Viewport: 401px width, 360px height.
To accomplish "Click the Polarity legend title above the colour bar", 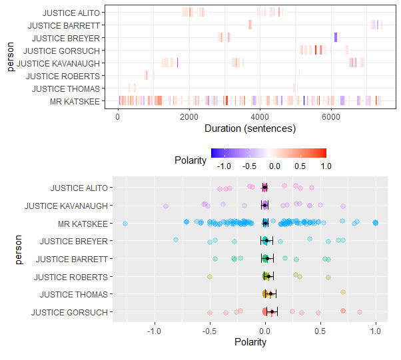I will pyautogui.click(x=190, y=160).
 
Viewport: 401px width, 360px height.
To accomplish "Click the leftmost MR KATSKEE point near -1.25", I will pyautogui.click(x=125, y=223).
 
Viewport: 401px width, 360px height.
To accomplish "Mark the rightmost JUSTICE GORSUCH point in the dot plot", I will pyautogui.click(x=360, y=311).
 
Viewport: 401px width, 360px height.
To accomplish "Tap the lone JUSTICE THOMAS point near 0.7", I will pyautogui.click(x=343, y=292).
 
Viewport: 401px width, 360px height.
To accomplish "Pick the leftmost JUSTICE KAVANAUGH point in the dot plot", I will pyautogui.click(x=166, y=206).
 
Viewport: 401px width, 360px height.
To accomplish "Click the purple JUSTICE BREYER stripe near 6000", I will pyautogui.click(x=335, y=37).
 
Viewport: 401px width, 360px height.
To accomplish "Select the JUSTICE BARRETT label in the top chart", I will pyautogui.click(x=73, y=25).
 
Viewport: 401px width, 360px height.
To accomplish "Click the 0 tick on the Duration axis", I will pyautogui.click(x=118, y=117).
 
